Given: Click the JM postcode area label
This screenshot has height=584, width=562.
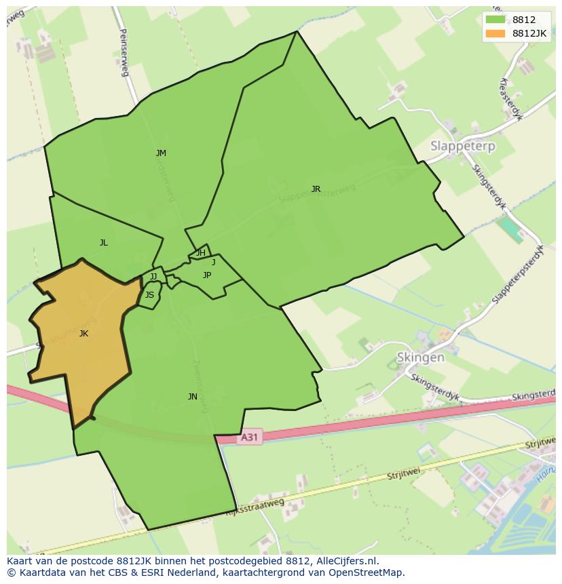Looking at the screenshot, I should (161, 153).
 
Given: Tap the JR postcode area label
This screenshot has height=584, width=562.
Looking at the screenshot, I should (316, 189).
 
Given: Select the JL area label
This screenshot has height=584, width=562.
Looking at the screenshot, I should (103, 243).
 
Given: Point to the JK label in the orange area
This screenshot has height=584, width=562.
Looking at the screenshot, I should (83, 333).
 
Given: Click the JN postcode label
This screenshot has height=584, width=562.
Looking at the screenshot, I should (193, 397).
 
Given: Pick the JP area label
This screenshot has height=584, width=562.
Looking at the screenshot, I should (207, 275).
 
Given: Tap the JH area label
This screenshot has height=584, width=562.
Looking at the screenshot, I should (201, 253).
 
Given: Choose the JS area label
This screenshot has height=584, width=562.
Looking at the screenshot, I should (149, 295).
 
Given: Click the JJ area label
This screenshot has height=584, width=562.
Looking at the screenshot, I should (153, 276).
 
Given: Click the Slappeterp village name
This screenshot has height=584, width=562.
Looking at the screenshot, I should (463, 146).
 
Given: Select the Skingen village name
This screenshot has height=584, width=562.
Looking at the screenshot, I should (421, 357).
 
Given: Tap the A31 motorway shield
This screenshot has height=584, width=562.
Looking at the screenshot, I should (249, 437).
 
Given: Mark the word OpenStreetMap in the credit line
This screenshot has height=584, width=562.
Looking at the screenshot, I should (367, 572).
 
